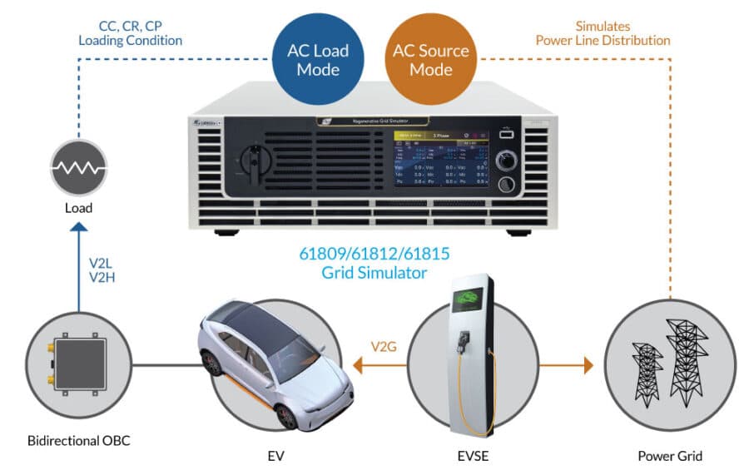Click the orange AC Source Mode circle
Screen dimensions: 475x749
pyautogui.click(x=430, y=59)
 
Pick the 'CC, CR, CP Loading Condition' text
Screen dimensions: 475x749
pyautogui.click(x=131, y=32)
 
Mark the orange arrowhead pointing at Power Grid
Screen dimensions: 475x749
pyautogui.click(x=588, y=364)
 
